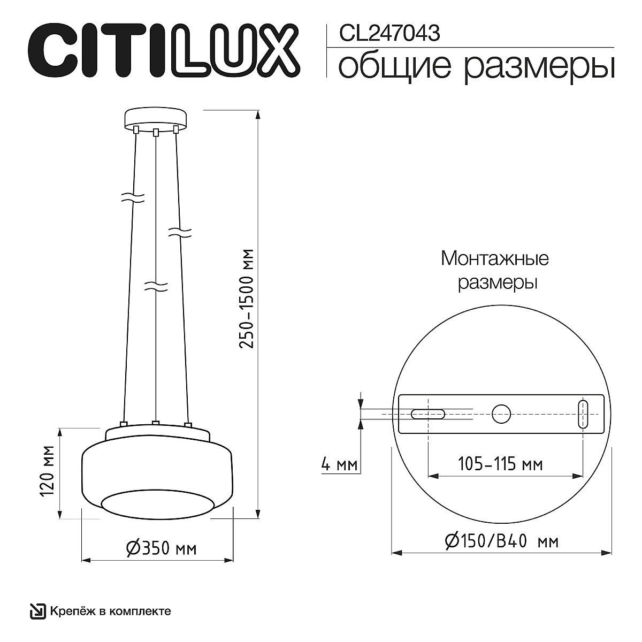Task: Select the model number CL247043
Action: pos(389,34)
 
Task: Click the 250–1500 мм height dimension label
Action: pos(246,299)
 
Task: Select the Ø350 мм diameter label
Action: pos(161,548)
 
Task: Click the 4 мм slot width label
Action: pos(339,464)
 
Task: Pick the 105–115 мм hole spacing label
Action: pos(501,464)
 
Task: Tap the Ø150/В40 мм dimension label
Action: pos(501,541)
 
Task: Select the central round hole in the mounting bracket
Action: pos(502,414)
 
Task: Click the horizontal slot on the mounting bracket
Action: pos(427,414)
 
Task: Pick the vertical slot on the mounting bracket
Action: pos(583,414)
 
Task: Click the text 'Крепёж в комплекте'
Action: pos(111,611)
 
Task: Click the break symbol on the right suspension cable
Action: pos(180,232)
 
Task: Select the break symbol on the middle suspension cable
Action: pos(156,286)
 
